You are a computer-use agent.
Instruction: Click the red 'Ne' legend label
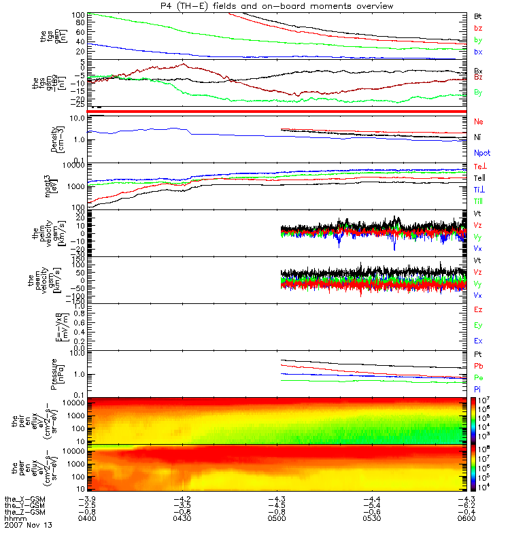pos(478,121)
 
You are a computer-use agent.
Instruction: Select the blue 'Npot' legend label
pos(481,154)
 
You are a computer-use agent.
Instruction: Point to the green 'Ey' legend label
pos(478,325)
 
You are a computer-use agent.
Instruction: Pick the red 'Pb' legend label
pos(478,366)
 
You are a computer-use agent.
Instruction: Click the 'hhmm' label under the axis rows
pos(15,519)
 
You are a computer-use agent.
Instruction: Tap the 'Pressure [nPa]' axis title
pos(56,372)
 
